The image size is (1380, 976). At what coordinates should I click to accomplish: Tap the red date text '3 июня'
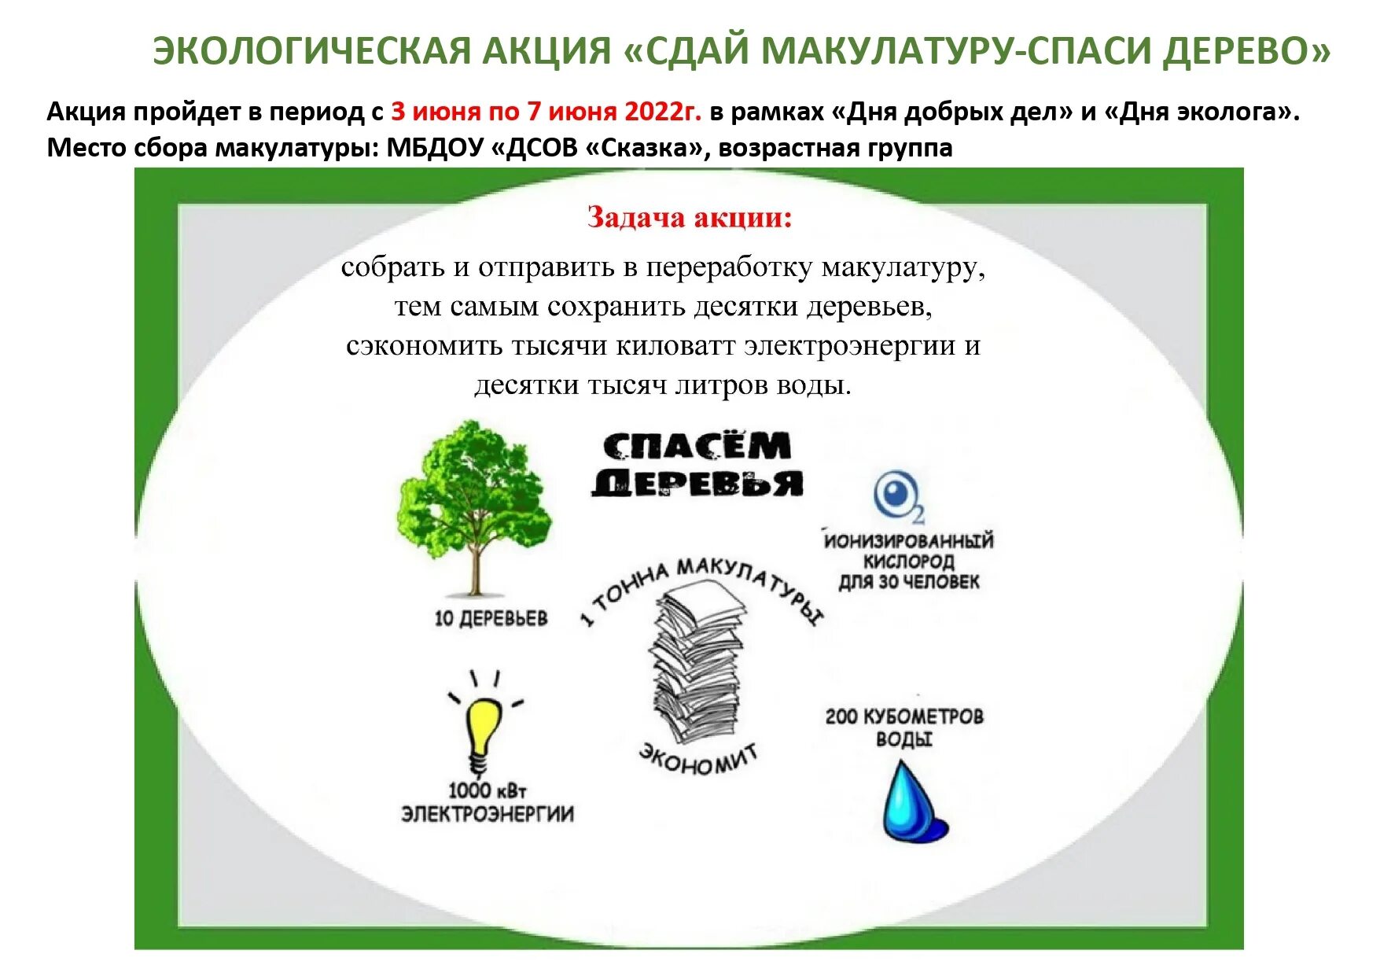click(436, 112)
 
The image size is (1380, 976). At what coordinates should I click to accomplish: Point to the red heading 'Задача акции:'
click(689, 217)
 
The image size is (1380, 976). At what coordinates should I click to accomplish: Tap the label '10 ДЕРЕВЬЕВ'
click(491, 619)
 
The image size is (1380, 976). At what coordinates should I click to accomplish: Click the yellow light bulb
click(482, 727)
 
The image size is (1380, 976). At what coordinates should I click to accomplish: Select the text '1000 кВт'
click(487, 790)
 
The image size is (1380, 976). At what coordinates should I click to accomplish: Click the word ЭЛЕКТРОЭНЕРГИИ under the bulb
click(488, 813)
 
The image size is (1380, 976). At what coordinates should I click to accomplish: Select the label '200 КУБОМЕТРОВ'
click(903, 716)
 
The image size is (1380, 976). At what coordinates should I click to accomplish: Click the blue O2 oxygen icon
click(897, 496)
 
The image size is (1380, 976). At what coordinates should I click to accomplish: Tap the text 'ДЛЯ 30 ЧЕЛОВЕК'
click(908, 583)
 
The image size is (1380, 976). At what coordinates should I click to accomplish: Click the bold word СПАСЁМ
click(697, 447)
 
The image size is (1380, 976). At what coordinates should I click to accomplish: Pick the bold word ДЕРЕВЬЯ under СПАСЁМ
click(697, 483)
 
